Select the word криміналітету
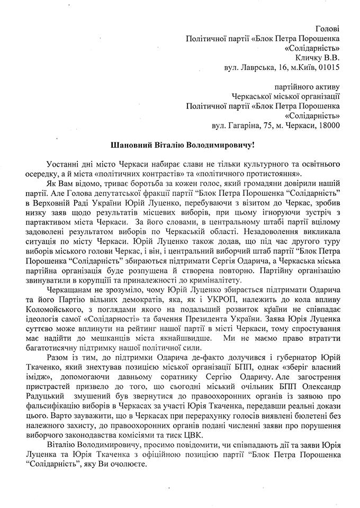[218, 279]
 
